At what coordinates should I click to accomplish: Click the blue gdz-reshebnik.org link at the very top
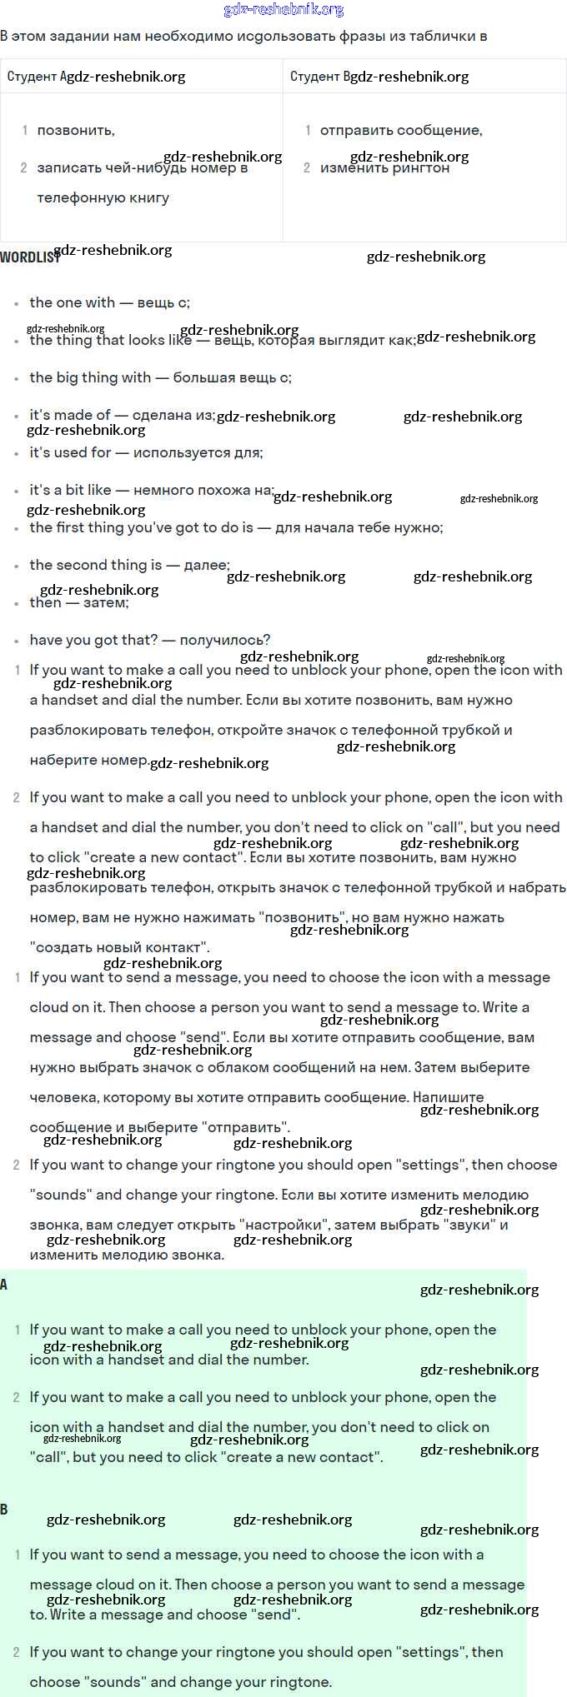tap(283, 10)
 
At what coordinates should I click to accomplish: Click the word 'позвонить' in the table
tap(75, 130)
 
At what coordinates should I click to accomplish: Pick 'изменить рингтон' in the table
tap(384, 167)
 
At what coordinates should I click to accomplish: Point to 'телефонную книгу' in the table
tap(103, 197)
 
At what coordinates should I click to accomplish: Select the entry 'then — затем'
tap(79, 602)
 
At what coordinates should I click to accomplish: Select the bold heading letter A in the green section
tap(4, 1285)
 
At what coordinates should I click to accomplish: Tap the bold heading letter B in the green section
tap(4, 1510)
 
